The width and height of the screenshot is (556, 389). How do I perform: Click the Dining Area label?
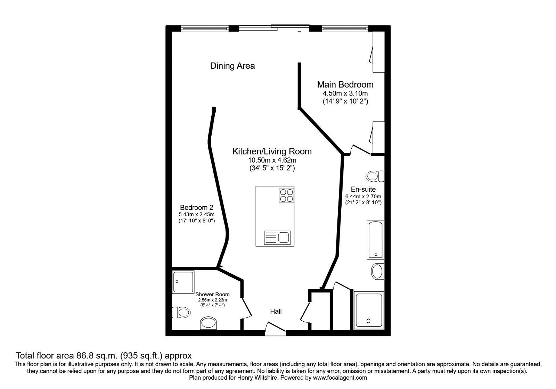click(232, 66)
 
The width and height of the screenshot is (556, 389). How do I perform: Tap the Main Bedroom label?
click(345, 84)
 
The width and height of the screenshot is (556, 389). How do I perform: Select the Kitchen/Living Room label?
click(272, 151)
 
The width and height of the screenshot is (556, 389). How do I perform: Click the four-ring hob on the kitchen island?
click(286, 195)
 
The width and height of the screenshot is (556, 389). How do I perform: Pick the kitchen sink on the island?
click(277, 238)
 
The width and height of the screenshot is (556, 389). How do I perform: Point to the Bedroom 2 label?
click(196, 208)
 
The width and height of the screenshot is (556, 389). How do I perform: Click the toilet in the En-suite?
click(375, 176)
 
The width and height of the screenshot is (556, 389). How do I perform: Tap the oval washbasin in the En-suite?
click(377, 271)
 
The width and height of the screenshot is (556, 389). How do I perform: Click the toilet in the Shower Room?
click(181, 313)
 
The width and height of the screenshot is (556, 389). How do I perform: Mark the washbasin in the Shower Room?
click(208, 323)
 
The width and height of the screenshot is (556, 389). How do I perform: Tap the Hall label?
click(276, 312)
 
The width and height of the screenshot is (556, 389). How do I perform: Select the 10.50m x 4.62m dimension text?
click(272, 160)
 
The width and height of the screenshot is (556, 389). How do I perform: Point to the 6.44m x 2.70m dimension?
click(363, 196)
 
